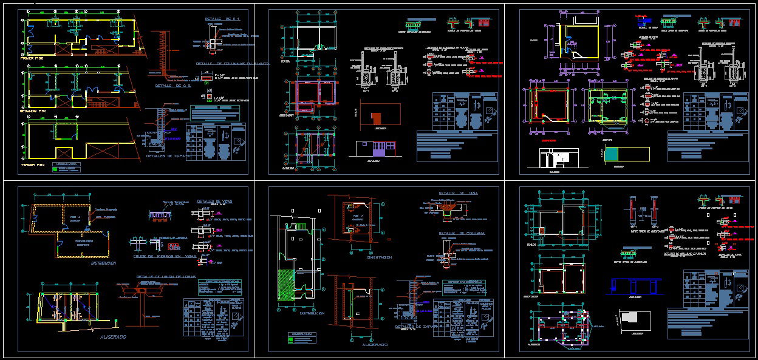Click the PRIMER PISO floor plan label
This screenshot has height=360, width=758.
tap(38, 58)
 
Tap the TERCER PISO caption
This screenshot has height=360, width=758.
tap(38, 165)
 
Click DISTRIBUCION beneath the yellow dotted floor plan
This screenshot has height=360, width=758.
tap(102, 263)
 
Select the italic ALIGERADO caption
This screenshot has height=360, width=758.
tap(113, 337)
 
